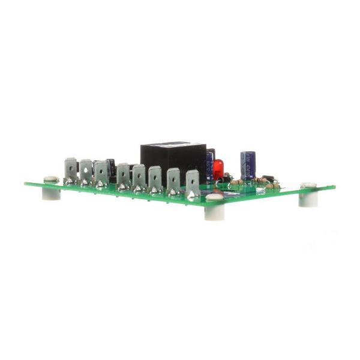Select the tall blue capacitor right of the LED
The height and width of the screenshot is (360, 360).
coord(248,164)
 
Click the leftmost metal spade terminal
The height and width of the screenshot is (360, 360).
coord(71,170)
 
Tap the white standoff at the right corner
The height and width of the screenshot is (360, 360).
coord(308,196)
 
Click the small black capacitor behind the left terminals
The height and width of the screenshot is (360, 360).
coord(111,167)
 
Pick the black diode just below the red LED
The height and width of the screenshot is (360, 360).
coord(221,179)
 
